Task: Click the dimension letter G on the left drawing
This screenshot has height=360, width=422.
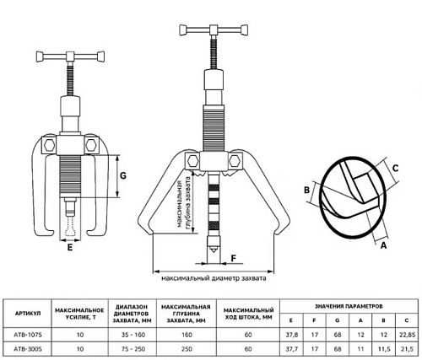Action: [123, 176]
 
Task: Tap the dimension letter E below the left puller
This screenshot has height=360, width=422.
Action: [70, 248]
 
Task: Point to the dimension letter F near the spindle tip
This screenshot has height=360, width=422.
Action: [234, 258]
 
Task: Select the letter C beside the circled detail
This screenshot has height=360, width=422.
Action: [395, 169]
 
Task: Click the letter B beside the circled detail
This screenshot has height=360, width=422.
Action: [307, 191]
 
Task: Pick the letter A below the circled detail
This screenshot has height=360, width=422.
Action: [383, 245]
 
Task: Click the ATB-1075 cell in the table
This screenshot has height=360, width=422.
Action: [28, 335]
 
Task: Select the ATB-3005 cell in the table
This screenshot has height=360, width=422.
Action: [28, 349]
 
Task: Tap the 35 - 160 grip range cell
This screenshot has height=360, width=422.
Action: [133, 335]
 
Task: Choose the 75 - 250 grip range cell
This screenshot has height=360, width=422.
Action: [133, 349]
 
